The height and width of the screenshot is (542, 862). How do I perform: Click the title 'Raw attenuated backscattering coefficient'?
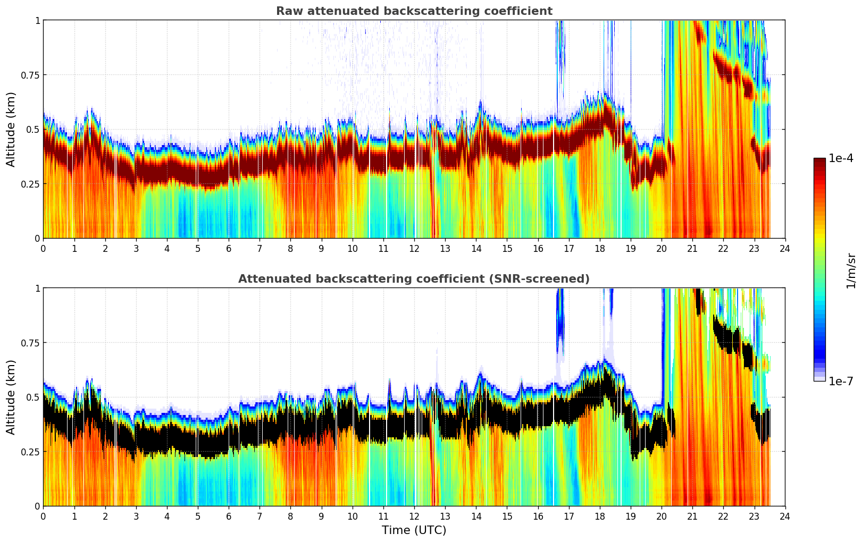414,11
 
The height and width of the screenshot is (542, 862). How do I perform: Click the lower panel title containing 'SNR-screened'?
414,279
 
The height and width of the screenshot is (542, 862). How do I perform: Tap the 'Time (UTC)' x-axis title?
414,530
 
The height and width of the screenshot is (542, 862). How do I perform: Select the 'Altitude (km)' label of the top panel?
11,129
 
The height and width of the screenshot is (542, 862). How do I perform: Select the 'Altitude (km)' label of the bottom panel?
11,397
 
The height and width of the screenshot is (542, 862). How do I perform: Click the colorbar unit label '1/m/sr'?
851,270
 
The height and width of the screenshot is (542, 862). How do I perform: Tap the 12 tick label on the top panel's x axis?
414,248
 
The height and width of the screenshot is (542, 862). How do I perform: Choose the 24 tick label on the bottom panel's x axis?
785,516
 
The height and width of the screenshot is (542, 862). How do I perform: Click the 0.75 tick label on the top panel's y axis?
30,75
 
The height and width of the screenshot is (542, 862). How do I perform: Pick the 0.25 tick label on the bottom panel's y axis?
30,452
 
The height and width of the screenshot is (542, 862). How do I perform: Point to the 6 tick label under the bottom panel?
229,516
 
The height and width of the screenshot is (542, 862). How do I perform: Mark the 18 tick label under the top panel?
599,248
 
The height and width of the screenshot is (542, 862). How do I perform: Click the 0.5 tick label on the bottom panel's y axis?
33,397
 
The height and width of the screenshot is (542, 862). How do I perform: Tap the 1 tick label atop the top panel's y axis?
37,20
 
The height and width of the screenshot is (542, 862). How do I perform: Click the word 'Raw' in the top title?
287,11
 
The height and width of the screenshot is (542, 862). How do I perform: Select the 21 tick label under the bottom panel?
692,516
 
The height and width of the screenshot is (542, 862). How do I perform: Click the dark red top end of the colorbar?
819,160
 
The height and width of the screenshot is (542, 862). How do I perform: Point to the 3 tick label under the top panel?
136,248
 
